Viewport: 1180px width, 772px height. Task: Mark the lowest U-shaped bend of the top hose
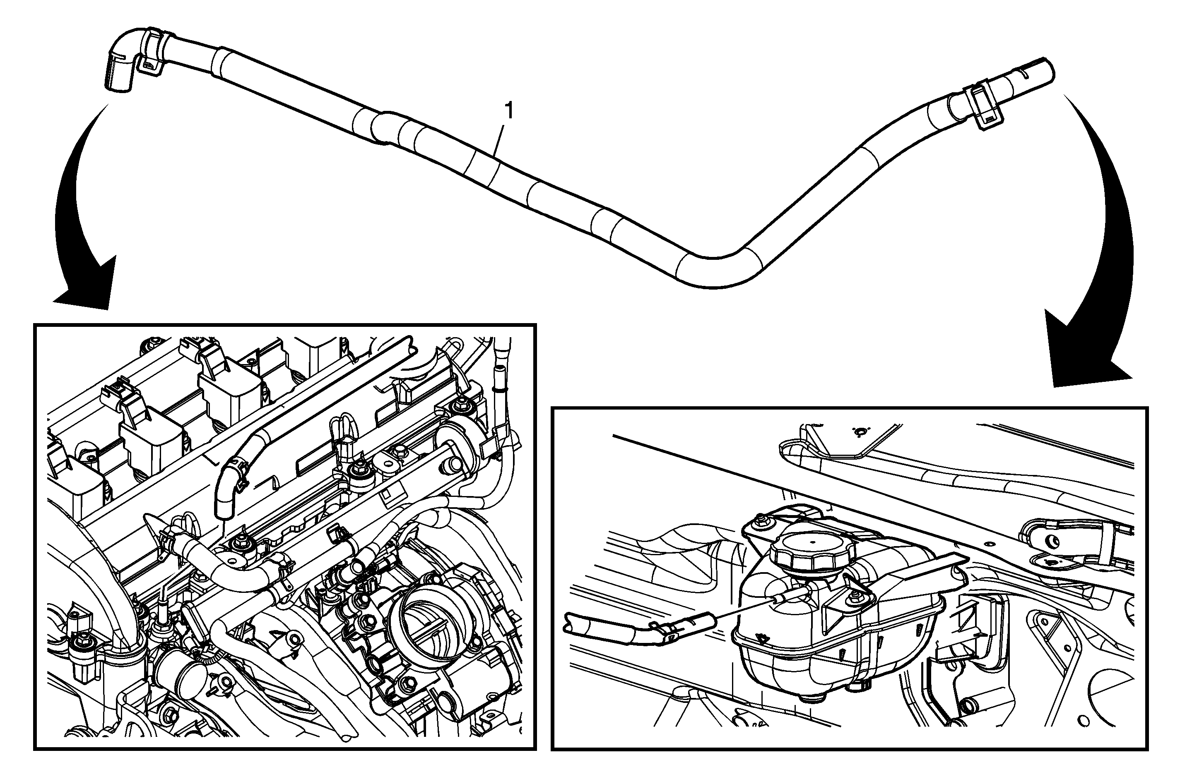714,270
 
